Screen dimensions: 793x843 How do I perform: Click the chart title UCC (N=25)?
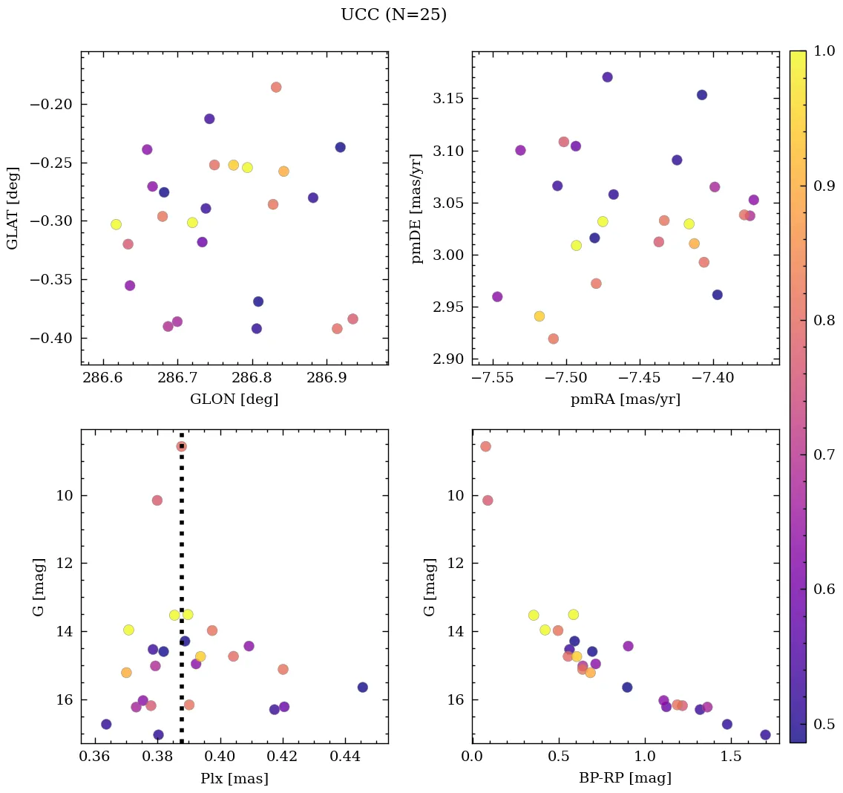click(393, 15)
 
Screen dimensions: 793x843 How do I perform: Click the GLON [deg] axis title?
click(234, 399)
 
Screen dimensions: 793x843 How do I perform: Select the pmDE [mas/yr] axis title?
click(417, 209)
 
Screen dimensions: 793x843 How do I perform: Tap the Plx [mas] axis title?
click(234, 779)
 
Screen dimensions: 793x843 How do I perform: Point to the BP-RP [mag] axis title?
click(625, 779)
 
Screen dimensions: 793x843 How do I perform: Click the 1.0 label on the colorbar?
click(824, 51)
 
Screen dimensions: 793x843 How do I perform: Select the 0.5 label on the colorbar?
click(824, 724)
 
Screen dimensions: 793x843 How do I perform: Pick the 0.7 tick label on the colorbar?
click(824, 454)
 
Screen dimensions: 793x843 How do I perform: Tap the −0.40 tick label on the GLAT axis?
click(50, 339)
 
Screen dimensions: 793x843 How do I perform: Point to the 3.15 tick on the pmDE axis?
click(444, 99)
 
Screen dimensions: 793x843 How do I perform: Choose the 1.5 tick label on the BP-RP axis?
click(731, 758)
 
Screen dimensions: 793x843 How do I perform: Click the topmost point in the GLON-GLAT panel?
click(276, 87)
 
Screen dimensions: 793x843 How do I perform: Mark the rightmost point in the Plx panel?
click(362, 688)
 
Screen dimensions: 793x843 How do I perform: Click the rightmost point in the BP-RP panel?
click(765, 735)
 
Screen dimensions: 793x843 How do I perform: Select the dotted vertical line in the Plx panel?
click(182, 594)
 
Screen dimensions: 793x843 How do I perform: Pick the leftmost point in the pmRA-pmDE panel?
click(497, 297)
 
